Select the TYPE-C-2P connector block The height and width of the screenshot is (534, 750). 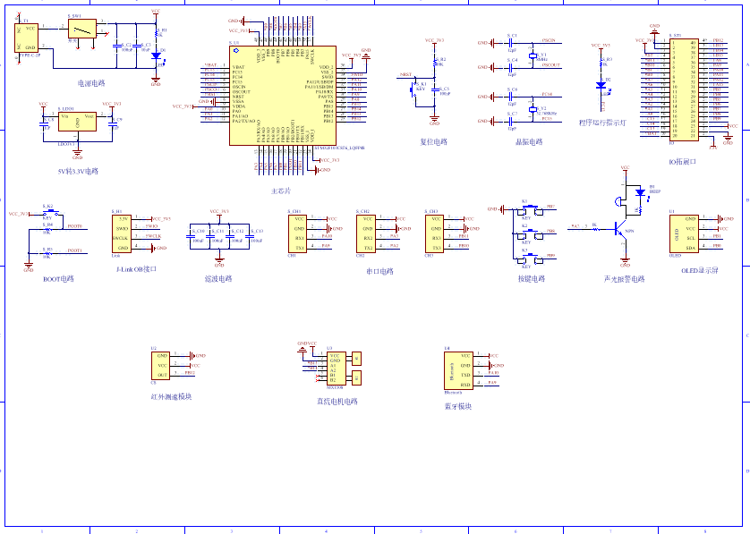click(26, 37)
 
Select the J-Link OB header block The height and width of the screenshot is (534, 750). click(121, 233)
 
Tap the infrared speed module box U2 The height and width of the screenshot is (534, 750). click(162, 365)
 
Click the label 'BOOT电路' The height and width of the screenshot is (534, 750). click(58, 279)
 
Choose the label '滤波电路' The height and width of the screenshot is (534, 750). click(218, 278)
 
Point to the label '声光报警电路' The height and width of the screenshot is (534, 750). click(624, 279)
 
